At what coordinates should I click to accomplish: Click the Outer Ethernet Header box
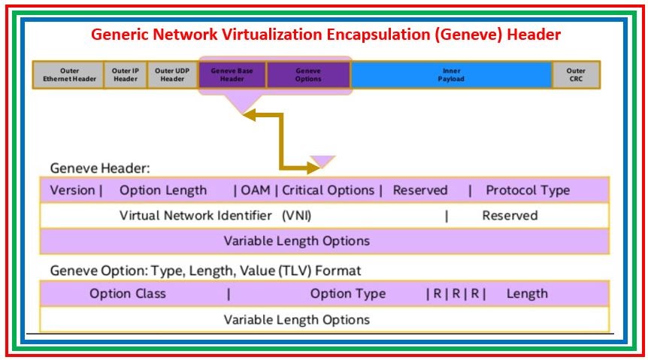click(68, 75)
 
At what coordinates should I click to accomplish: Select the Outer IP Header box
click(126, 75)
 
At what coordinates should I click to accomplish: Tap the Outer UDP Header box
click(172, 75)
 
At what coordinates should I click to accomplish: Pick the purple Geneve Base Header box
click(232, 75)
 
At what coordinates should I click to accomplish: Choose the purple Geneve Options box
click(308, 75)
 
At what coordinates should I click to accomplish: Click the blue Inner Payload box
click(451, 75)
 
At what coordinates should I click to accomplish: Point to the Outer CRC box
click(577, 75)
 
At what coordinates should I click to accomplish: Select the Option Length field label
click(162, 190)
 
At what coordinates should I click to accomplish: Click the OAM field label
click(256, 190)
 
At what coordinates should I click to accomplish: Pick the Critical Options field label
click(328, 190)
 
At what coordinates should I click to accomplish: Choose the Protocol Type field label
click(527, 190)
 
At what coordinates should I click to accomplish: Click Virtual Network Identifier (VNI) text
click(215, 216)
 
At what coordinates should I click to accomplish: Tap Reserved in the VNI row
click(510, 216)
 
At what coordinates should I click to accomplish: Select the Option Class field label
click(128, 294)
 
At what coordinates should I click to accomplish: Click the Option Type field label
click(347, 294)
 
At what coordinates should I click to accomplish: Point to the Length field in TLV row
click(526, 294)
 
